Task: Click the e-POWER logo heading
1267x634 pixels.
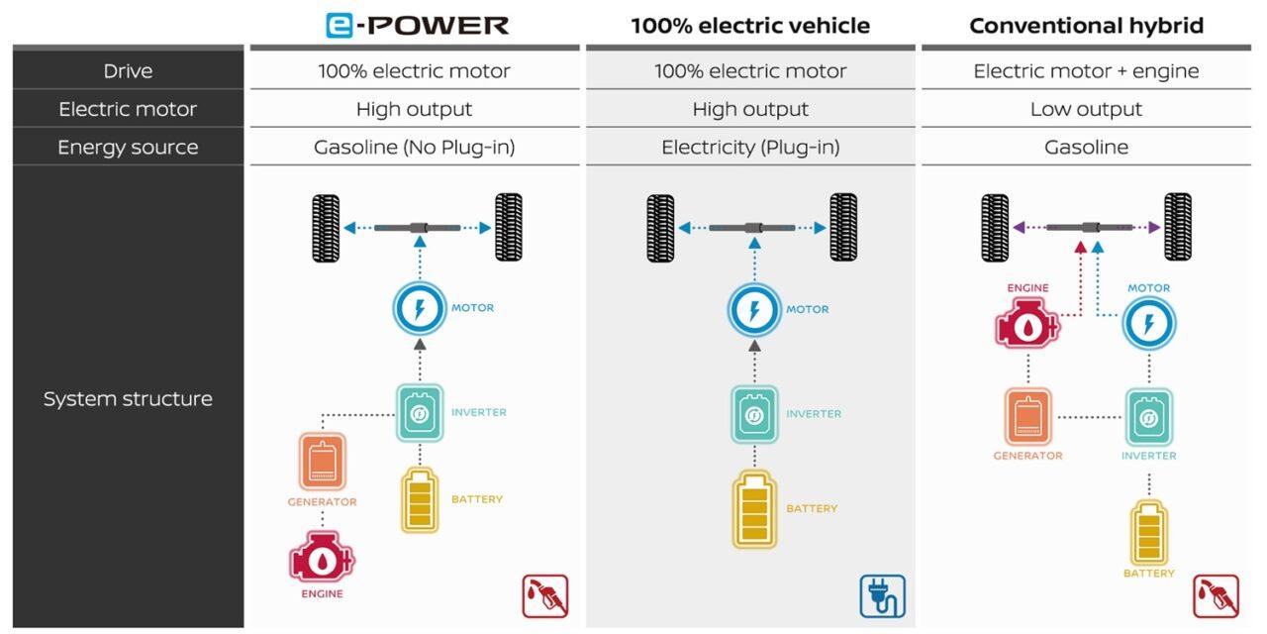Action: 417,25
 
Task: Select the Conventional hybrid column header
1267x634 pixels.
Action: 1086,26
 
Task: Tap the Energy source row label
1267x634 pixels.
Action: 128,148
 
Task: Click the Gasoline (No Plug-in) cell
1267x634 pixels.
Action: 414,148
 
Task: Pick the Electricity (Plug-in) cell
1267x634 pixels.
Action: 750,148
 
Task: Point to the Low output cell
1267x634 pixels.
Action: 1086,109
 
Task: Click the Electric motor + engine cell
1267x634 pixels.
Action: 1086,71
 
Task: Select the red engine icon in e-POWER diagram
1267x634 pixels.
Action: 322,558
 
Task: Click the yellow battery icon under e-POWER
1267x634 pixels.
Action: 419,500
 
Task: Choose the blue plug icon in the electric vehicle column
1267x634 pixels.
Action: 881,596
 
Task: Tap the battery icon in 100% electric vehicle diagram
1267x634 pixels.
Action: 754,510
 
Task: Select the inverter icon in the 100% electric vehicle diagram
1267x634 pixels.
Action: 754,414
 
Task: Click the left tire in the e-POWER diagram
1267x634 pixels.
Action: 326,228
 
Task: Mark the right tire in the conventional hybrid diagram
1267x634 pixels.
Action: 1177,228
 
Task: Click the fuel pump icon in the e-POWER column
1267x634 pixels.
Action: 545,596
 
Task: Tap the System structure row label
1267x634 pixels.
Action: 128,399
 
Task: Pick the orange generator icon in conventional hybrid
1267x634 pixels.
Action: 1027,416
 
